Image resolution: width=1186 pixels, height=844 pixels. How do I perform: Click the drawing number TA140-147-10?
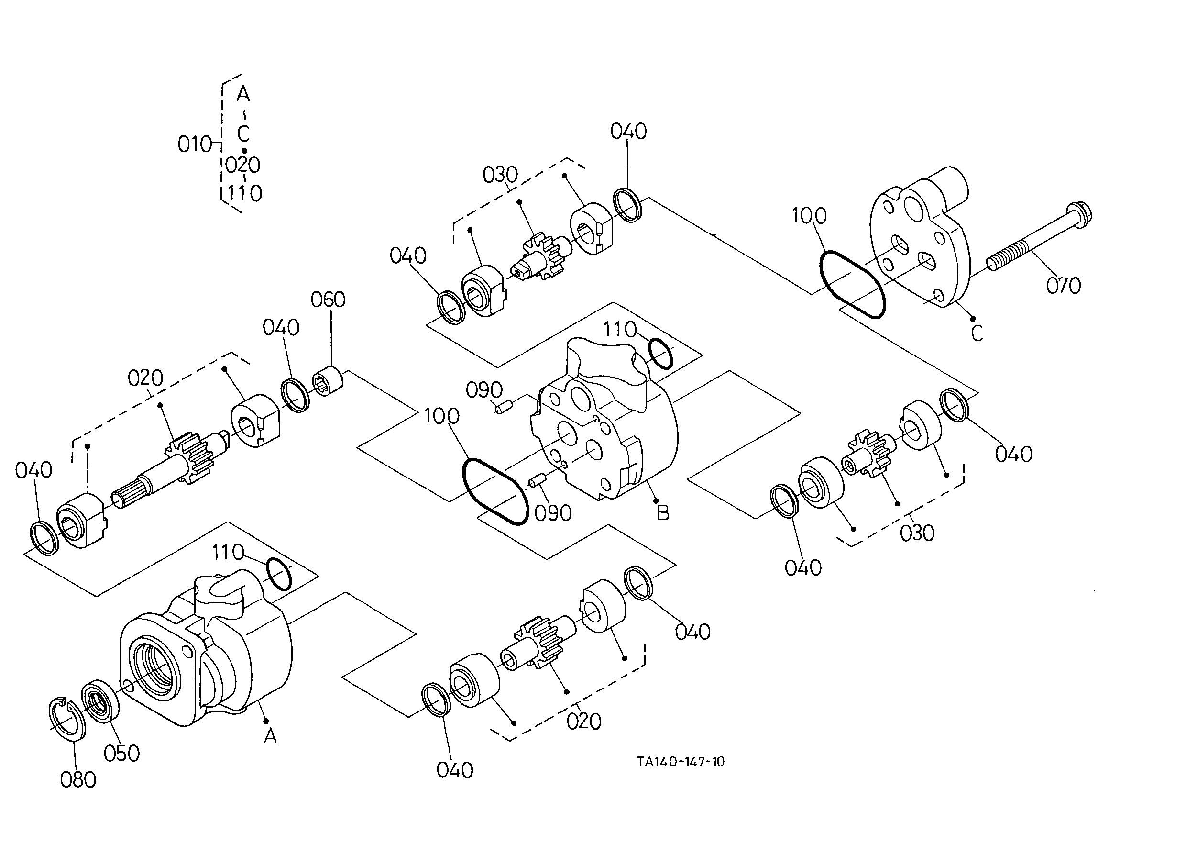click(681, 762)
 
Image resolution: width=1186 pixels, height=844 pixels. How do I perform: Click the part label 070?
click(1064, 286)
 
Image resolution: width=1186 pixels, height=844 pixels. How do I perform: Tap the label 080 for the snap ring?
click(78, 779)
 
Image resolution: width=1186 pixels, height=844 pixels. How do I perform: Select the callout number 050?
click(121, 754)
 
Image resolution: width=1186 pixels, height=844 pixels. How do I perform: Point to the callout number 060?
click(328, 300)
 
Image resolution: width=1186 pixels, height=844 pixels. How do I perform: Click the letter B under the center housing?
click(663, 513)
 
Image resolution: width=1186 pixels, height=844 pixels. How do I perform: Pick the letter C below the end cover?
click(977, 333)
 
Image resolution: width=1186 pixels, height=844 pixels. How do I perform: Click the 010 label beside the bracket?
click(195, 144)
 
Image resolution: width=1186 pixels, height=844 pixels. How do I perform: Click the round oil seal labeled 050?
click(101, 700)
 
